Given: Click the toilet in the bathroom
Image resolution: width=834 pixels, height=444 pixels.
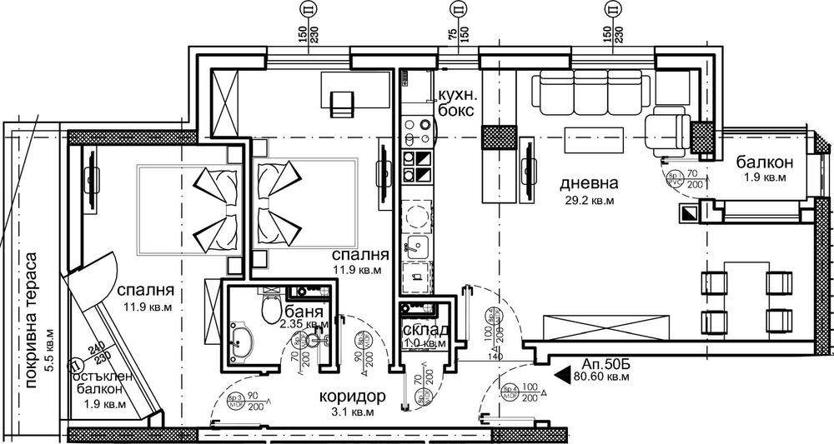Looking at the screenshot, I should click(270, 311).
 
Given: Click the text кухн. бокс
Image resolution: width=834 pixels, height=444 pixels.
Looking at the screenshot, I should click(455, 102).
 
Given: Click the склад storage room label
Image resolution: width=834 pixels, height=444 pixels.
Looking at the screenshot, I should click(425, 329).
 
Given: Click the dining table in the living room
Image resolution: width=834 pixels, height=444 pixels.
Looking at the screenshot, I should click(741, 297).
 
